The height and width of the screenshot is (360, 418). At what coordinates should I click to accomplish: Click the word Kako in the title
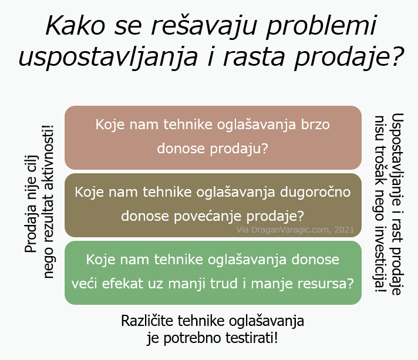76,26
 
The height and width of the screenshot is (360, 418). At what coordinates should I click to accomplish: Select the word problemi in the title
321,26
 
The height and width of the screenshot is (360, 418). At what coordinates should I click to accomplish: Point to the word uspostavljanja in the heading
109,57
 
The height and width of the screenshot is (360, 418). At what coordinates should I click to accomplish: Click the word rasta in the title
254,57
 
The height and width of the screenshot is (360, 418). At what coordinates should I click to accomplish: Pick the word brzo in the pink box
315,125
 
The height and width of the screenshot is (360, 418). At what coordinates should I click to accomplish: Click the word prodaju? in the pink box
239,149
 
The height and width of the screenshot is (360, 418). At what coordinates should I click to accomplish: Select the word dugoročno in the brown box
315,191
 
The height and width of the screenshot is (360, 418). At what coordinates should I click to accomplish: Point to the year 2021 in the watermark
344,230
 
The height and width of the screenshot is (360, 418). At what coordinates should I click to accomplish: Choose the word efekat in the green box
123,283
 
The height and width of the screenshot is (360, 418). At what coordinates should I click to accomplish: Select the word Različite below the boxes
147,321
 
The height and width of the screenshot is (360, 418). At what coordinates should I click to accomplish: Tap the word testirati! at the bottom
252,338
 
